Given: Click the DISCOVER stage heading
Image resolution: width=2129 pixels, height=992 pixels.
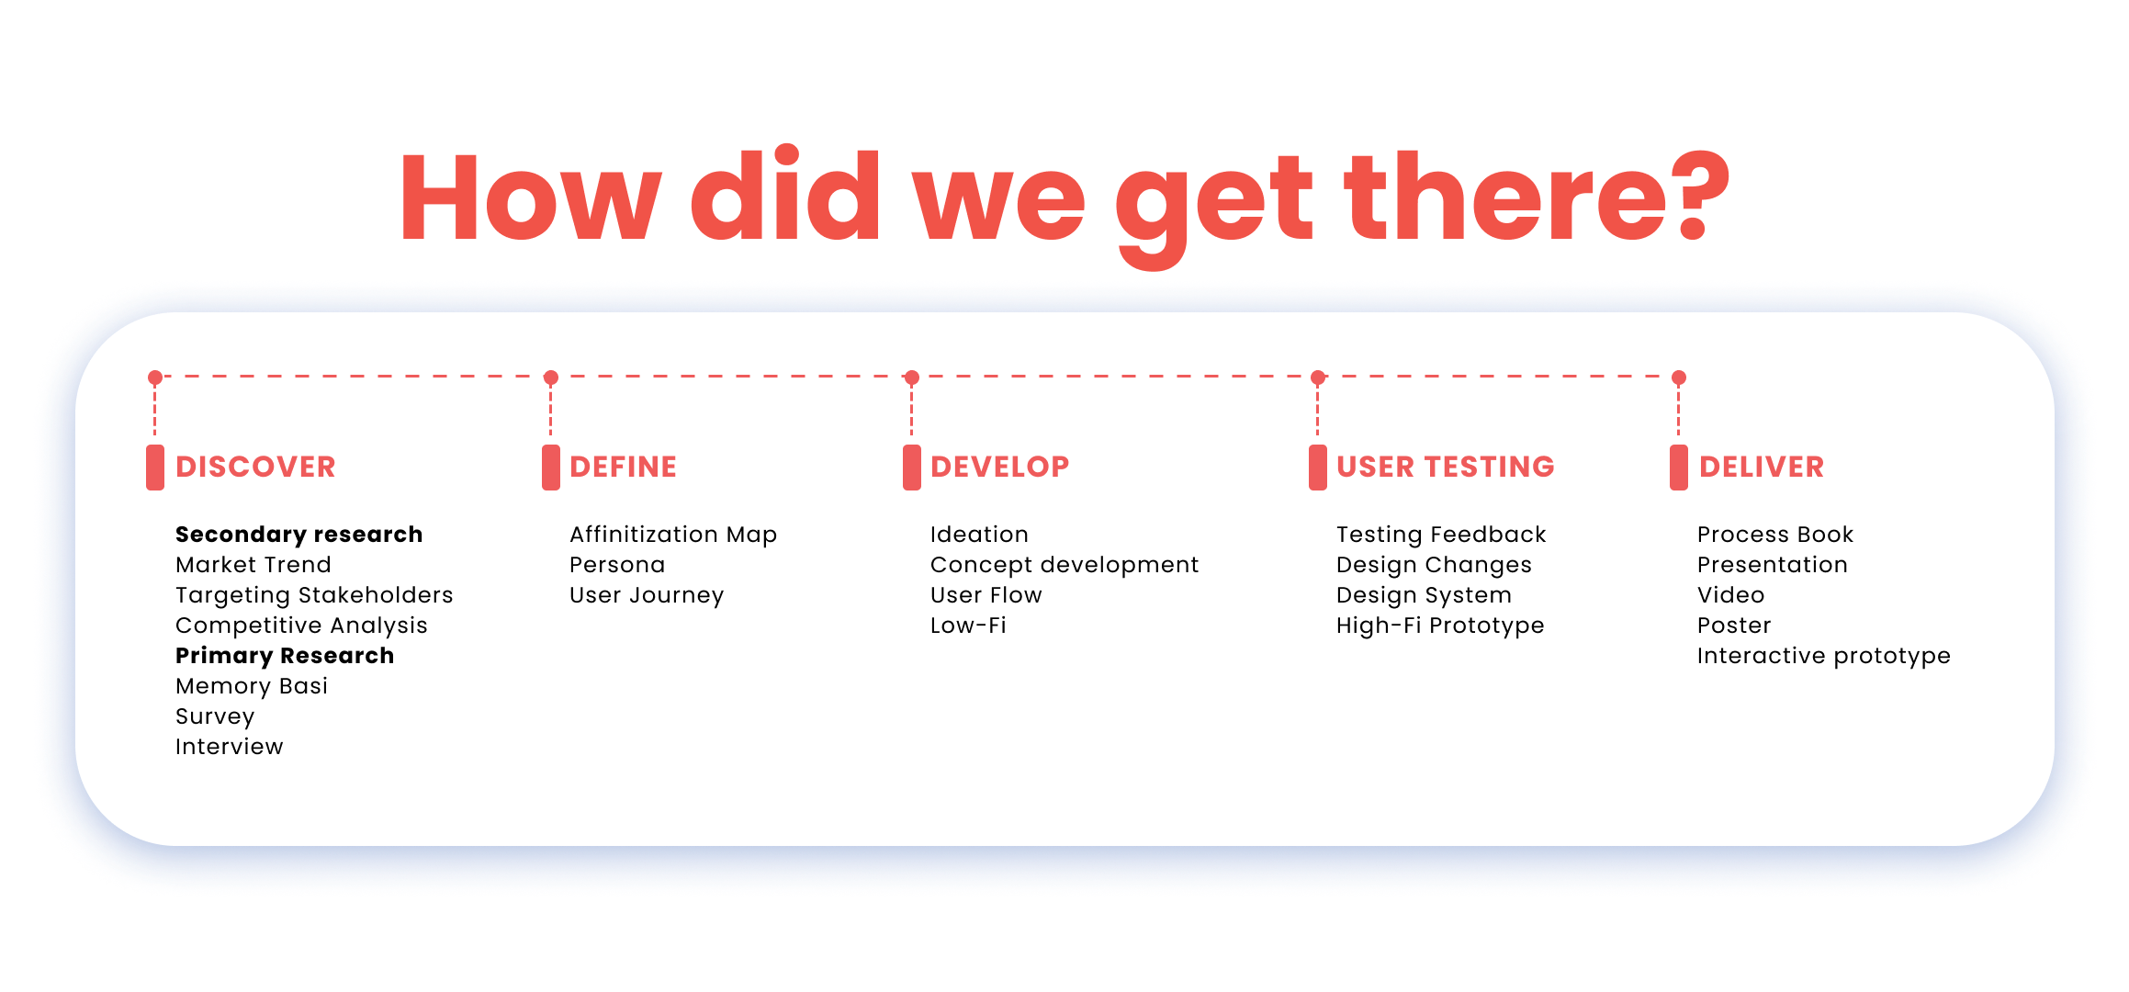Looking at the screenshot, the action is click(x=255, y=467).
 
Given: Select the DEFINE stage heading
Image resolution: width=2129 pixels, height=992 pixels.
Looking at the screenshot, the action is click(x=623, y=467).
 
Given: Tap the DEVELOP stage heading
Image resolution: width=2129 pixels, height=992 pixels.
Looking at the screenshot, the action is click(x=999, y=467).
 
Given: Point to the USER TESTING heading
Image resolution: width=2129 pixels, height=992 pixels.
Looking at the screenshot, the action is click(x=1445, y=467).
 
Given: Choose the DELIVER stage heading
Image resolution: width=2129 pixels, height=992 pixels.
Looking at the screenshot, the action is click(x=1761, y=467).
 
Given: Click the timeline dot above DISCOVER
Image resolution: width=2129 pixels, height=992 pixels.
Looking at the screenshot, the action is click(x=155, y=378).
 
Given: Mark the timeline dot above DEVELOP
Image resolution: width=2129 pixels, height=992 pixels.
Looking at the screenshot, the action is click(x=911, y=378).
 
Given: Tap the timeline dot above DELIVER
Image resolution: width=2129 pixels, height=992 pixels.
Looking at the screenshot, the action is click(x=1678, y=378).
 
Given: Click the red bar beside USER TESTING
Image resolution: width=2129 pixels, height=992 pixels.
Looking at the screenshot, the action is click(x=1317, y=468).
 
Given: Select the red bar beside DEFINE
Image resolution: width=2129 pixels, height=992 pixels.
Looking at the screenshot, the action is click(x=550, y=468).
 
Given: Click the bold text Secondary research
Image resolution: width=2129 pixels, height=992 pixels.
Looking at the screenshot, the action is click(x=299, y=535).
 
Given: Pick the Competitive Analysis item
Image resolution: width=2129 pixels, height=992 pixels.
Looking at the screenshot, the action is click(x=301, y=626).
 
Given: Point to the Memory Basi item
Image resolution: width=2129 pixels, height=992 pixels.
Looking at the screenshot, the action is click(x=252, y=686).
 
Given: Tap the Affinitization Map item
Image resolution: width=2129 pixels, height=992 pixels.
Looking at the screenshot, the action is click(x=672, y=535).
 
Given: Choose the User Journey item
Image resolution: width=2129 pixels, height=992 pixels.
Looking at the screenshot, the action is click(x=646, y=595).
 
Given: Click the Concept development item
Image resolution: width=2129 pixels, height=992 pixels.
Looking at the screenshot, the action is click(x=1064, y=565).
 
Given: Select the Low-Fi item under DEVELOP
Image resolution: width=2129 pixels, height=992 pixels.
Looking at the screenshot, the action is click(x=968, y=626).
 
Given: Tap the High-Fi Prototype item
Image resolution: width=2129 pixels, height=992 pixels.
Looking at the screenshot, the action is click(x=1439, y=626).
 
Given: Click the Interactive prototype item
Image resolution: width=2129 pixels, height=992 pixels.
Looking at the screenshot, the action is click(x=1823, y=656).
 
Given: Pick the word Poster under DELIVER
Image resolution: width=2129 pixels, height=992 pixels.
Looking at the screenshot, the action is click(x=1733, y=626).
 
